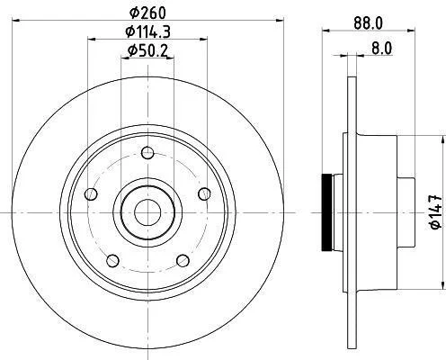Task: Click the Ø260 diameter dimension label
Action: point(147,13)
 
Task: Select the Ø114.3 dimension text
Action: point(147,31)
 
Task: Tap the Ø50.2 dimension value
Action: point(147,50)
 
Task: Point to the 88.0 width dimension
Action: point(368,23)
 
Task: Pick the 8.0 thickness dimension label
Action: point(381,49)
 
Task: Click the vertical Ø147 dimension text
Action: point(436,211)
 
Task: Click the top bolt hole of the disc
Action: point(147,153)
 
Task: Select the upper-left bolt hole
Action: point(91,194)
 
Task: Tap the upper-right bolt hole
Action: point(204,193)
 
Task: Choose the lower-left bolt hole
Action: point(113,260)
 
